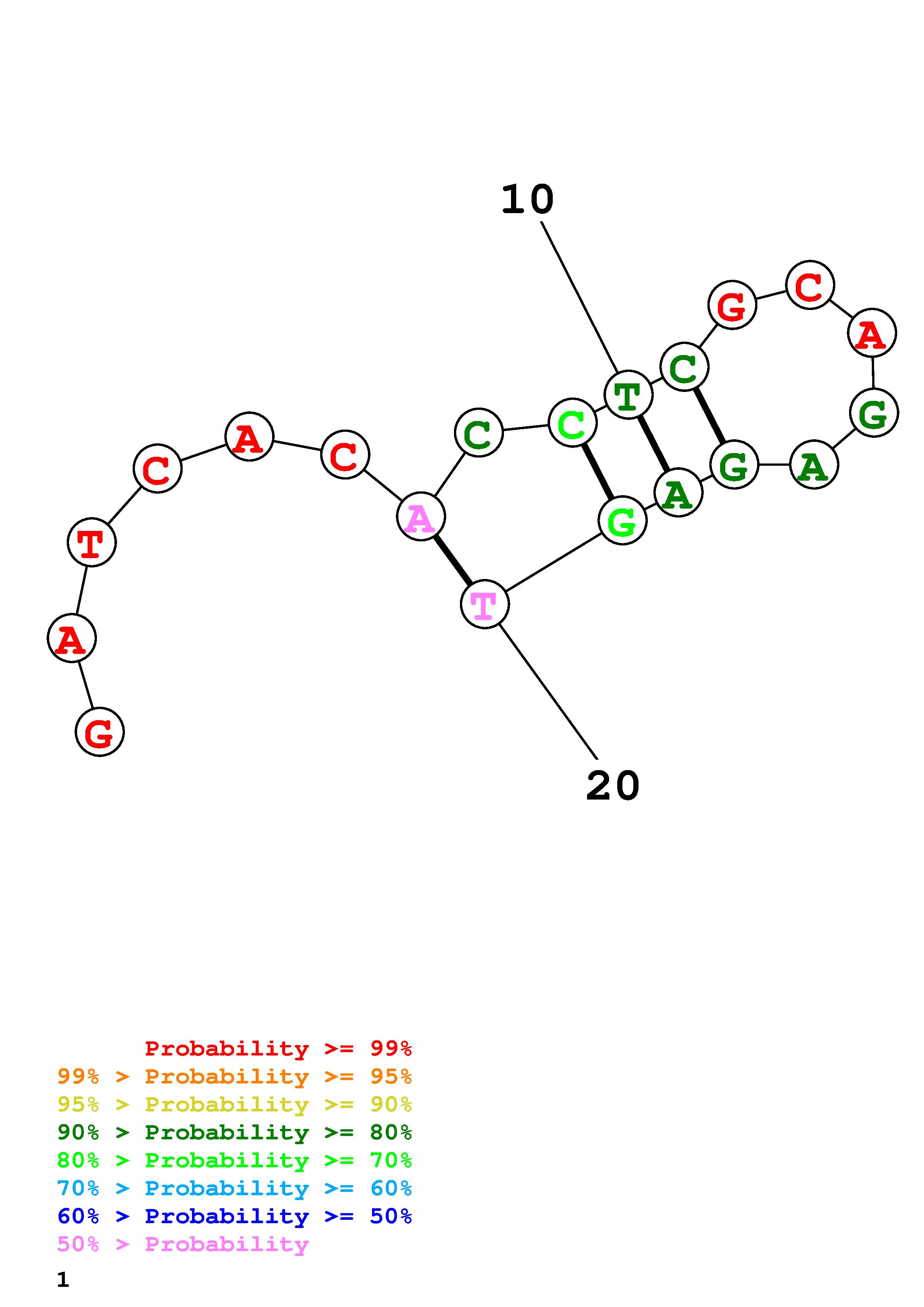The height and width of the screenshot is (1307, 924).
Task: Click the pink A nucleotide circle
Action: point(421,516)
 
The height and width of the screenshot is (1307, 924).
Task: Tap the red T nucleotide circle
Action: point(92,542)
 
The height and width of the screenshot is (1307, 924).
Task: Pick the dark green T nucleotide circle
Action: point(628,395)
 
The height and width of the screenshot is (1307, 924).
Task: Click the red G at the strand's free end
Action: point(100,732)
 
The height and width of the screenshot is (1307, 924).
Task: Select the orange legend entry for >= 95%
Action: point(234,1076)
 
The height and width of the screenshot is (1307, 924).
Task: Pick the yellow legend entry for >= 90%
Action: point(234,1104)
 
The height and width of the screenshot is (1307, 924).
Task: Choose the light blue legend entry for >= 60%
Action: point(234,1188)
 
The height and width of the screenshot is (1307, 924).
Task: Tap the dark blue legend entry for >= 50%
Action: point(234,1216)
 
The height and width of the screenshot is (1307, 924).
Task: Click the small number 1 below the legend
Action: point(63,1280)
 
